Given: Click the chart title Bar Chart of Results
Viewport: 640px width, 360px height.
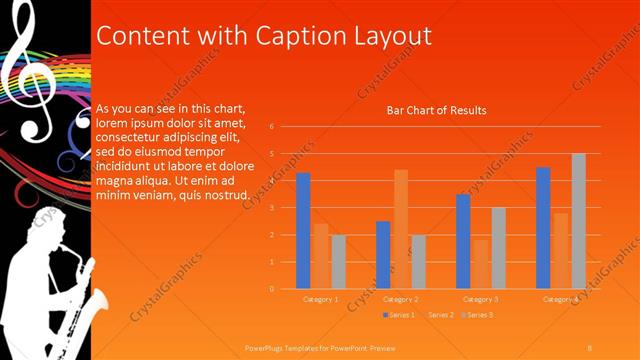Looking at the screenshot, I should coord(436,110).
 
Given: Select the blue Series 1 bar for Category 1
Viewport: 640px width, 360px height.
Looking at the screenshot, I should coord(303,231).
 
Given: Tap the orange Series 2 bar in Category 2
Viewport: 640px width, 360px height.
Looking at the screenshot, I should coord(400,229).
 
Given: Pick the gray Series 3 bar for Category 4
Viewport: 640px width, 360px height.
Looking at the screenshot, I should coord(578,221).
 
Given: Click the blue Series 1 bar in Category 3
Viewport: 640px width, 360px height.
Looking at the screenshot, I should coord(463,241).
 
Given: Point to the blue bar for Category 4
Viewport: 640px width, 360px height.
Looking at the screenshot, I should coord(543,228).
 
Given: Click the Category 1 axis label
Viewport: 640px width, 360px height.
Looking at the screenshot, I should coord(321,299).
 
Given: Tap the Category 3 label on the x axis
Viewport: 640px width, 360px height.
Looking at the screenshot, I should coord(480,299).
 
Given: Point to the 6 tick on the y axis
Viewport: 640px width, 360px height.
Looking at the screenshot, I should coord(271,127).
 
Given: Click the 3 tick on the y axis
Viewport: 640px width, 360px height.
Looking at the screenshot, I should coord(271,208).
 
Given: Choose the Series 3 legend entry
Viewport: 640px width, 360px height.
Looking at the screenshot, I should coord(477,315).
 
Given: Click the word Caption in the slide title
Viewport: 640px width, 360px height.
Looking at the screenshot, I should coord(296,36).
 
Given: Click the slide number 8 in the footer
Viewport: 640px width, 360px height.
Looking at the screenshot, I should coord(590,346).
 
